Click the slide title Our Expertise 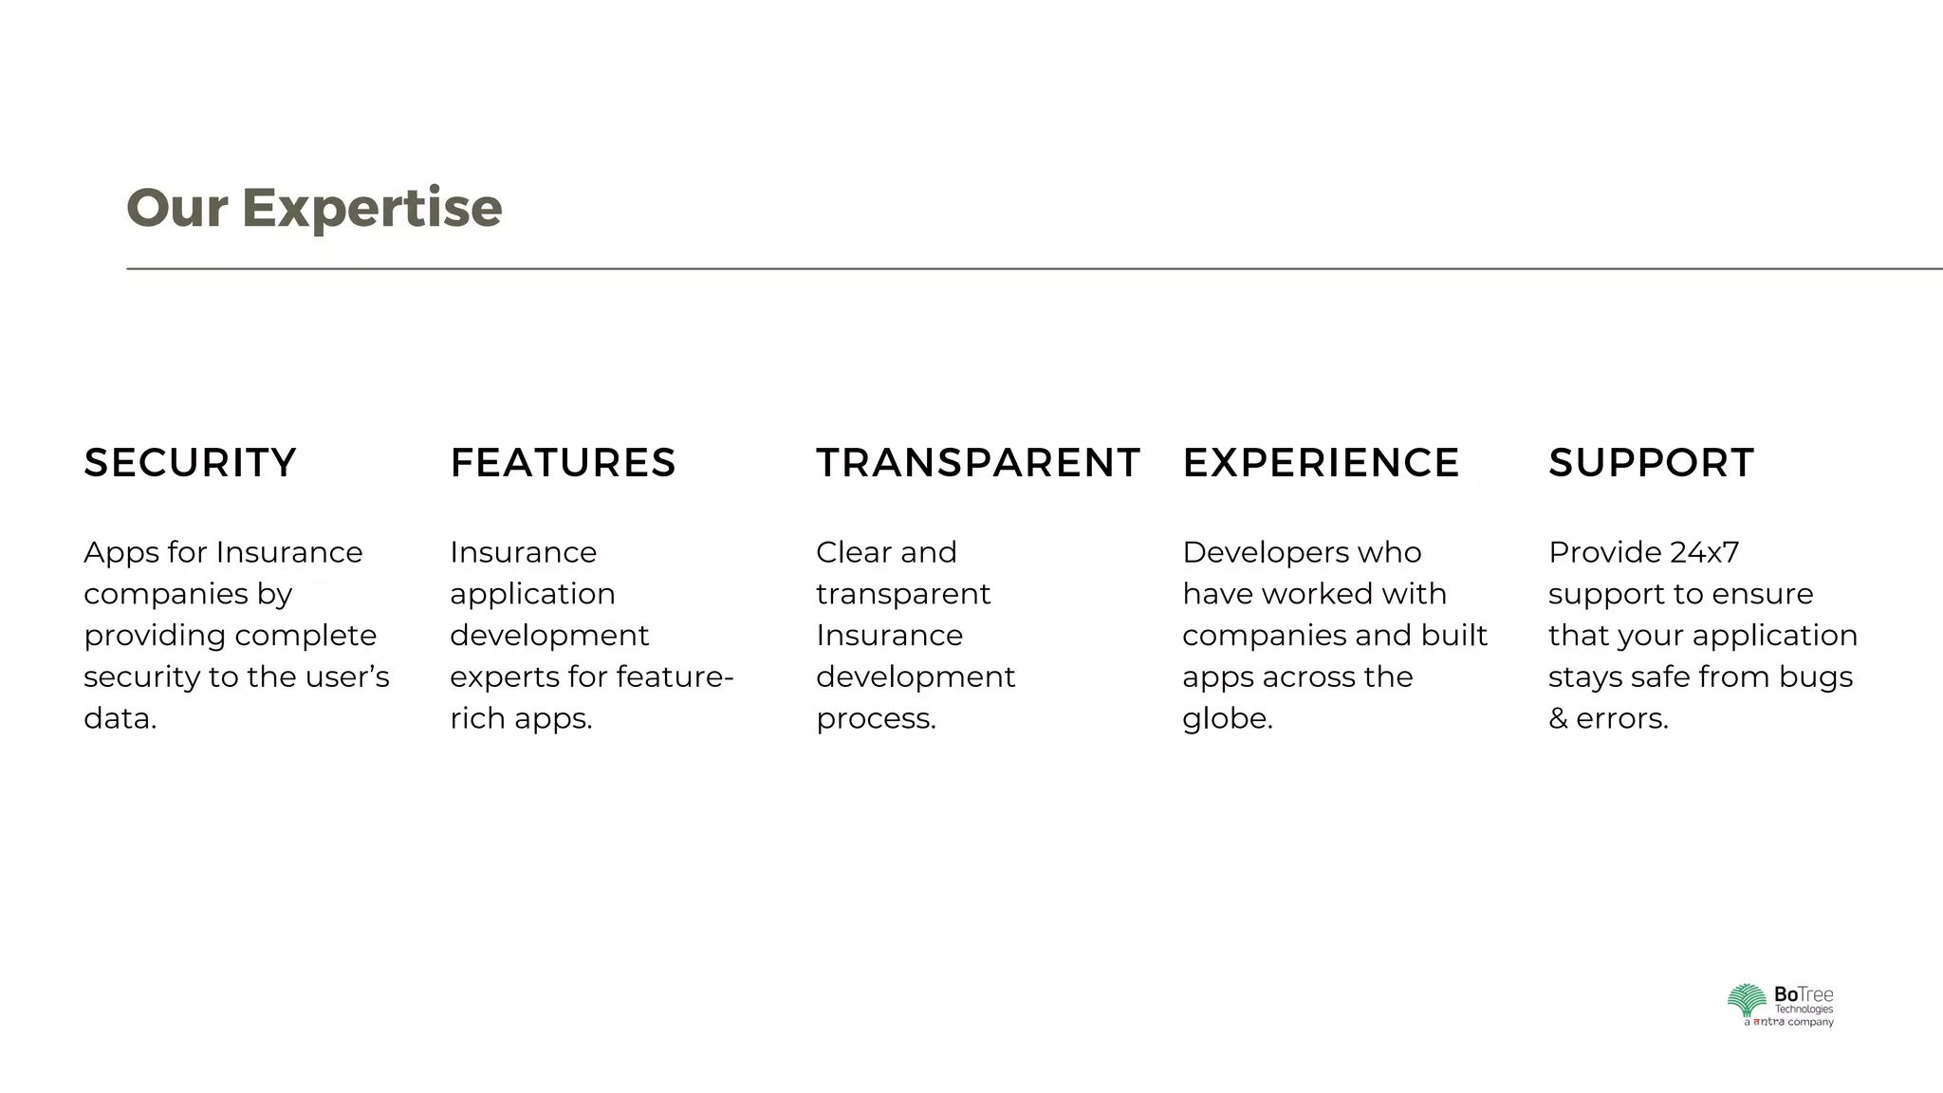pos(314,208)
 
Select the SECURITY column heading pos(190,463)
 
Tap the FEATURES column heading pos(563,463)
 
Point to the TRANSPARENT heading pos(977,463)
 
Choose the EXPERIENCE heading pos(1321,463)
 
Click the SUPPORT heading pos(1651,463)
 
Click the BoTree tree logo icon pos(1746,1001)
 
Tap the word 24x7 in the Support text pos(1704,552)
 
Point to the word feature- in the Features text pos(675,677)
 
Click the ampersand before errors pos(1558,719)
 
